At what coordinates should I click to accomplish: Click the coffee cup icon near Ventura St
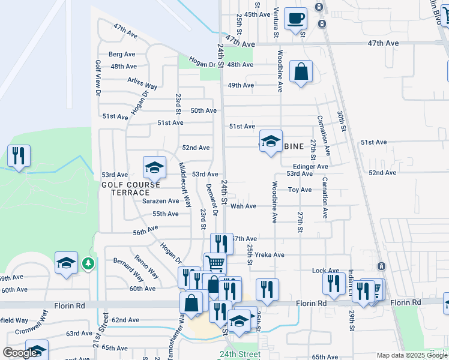click(295, 19)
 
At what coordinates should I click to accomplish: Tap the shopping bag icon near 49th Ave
click(301, 72)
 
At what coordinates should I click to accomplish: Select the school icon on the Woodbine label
click(271, 142)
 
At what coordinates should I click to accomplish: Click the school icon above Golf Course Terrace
click(154, 167)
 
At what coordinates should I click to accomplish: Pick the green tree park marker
click(88, 263)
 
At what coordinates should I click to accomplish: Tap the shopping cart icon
click(215, 263)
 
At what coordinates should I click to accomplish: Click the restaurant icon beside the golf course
click(19, 156)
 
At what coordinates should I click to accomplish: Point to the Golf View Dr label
click(97, 77)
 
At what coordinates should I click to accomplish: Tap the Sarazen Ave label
click(160, 201)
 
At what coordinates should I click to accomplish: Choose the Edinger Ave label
click(310, 166)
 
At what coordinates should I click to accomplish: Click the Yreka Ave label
click(270, 254)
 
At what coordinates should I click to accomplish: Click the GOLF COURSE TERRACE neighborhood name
click(125, 188)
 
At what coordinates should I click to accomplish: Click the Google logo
click(20, 353)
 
